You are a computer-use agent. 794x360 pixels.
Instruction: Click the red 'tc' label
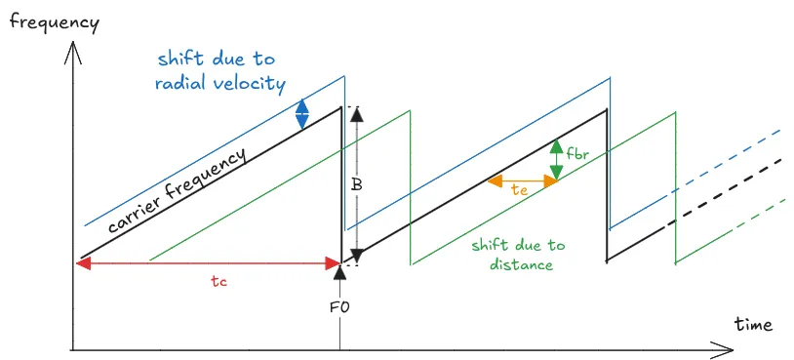tap(218, 280)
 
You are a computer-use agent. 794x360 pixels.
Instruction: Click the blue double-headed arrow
tap(302, 114)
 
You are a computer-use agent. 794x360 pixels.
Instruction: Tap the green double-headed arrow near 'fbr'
tap(556, 160)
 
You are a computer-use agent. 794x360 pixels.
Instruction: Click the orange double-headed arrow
tap(521, 180)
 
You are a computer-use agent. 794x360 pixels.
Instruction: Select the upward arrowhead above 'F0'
tap(339, 275)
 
